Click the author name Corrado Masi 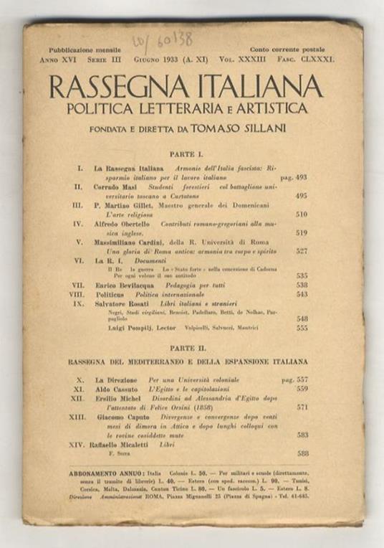115,186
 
